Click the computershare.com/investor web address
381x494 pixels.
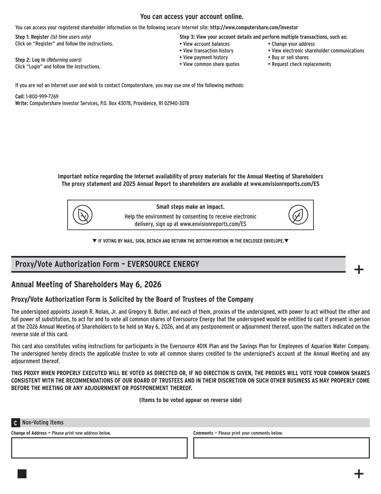pos(254,28)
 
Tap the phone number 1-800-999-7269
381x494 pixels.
pos(42,96)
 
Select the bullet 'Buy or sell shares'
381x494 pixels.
pos(290,57)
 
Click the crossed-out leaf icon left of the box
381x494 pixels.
pos(83,215)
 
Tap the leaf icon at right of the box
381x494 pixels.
pos(298,215)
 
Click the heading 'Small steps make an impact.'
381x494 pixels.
pos(190,207)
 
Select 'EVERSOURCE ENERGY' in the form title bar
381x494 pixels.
pos(163,264)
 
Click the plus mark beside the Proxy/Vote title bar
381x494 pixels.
pos(359,270)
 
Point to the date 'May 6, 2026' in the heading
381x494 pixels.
pos(140,284)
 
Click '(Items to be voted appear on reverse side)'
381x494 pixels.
pos(190,400)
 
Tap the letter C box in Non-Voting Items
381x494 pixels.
pos(15,423)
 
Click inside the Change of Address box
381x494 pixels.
pos(99,448)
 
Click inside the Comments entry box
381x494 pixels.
pos(281,448)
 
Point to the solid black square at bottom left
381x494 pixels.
pos(22,474)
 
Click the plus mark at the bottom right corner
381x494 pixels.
pos(359,474)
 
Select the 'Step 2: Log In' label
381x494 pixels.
pos(30,60)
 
